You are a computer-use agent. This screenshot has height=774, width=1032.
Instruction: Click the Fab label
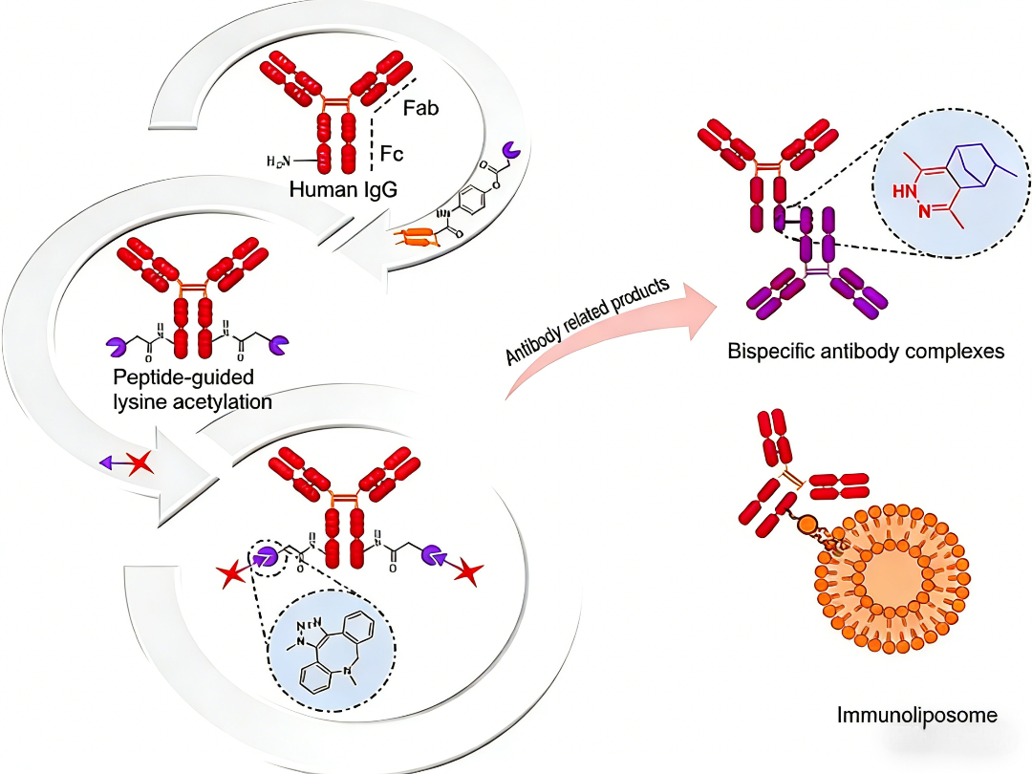coord(419,108)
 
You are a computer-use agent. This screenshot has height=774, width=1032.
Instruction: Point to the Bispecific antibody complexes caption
coord(866,351)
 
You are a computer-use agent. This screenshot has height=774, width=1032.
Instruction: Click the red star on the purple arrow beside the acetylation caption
coord(140,463)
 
